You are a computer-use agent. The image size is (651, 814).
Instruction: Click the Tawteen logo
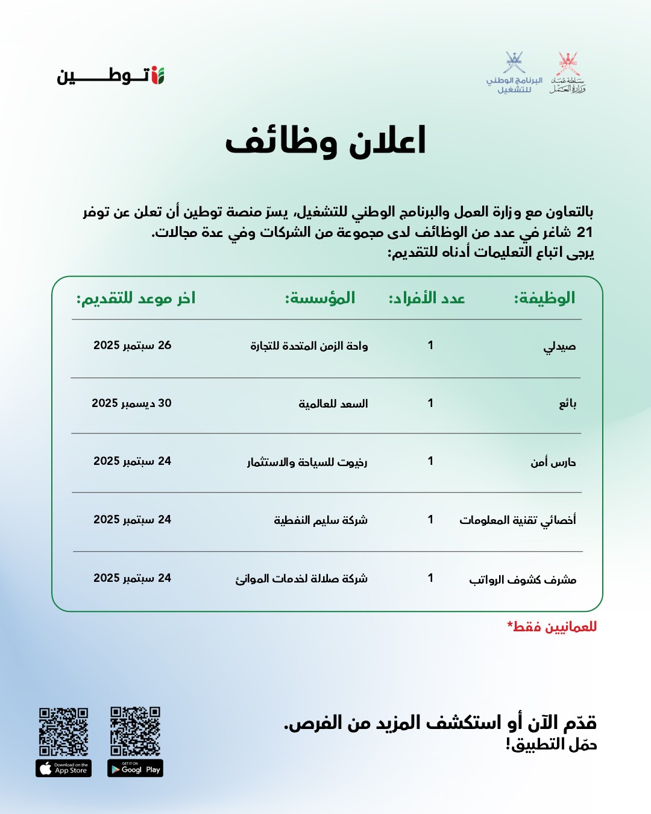[x=111, y=76]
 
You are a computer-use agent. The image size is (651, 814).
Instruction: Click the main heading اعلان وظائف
[x=325, y=141]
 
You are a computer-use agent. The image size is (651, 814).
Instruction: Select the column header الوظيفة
[x=544, y=298]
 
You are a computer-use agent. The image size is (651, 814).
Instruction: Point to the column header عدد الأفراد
[x=427, y=298]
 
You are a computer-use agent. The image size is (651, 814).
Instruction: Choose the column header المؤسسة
[x=320, y=298]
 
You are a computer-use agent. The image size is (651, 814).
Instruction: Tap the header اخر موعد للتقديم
[x=136, y=298]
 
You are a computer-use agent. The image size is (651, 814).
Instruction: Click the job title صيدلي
[x=559, y=346]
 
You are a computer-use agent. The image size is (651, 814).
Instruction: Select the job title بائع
[x=567, y=403]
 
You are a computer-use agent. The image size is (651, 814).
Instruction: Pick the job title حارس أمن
[x=553, y=462]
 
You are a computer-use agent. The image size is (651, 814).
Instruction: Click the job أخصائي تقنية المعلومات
[x=517, y=520]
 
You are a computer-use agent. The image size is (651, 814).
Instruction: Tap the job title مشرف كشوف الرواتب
[x=523, y=579]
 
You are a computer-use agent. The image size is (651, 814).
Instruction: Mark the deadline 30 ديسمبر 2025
[x=131, y=403]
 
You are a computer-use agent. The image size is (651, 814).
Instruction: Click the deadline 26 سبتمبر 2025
[x=132, y=345]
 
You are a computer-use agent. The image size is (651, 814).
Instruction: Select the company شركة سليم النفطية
[x=321, y=520]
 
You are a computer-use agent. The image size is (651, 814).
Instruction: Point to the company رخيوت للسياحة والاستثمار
[x=307, y=462]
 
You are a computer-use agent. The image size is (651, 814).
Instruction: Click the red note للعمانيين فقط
[x=552, y=626]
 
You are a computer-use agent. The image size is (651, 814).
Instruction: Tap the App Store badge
[x=63, y=768]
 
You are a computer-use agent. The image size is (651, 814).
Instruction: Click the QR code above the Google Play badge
[x=135, y=731]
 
